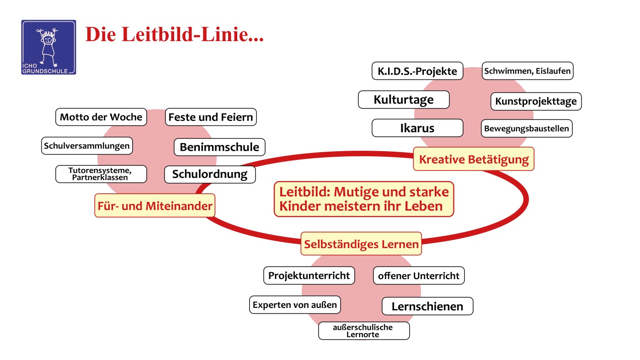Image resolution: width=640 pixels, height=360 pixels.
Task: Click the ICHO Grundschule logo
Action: (x=48, y=47)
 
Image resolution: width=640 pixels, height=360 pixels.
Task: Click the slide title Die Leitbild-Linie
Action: (x=175, y=35)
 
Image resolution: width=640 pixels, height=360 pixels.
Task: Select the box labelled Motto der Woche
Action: (x=101, y=117)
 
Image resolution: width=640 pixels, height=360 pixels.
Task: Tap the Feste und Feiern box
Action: (x=210, y=117)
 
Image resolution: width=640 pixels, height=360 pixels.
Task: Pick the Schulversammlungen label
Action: (x=87, y=146)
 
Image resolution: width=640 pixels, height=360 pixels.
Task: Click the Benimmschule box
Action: (x=219, y=147)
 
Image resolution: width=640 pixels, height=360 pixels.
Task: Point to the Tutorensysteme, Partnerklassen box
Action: (x=101, y=174)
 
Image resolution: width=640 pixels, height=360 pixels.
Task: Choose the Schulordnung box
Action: (x=210, y=174)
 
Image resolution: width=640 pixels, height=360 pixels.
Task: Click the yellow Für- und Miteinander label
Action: (x=155, y=206)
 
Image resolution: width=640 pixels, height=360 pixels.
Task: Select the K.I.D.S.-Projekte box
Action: (x=417, y=72)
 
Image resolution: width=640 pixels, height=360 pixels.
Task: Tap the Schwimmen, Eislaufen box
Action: (x=527, y=71)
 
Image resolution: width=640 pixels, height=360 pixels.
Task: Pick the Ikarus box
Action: (x=417, y=128)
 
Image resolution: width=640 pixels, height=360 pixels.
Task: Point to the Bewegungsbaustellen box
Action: (x=527, y=128)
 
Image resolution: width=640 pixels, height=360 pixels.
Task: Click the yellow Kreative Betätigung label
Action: (x=474, y=159)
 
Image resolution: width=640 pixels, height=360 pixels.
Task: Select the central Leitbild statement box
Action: (x=364, y=198)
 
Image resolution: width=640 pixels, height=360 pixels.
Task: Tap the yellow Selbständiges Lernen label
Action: (x=361, y=244)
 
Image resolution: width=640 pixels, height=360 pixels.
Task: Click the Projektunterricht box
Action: (x=309, y=275)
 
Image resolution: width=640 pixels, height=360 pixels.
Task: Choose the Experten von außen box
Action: (x=295, y=305)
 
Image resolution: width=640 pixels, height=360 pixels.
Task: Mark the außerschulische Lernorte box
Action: (x=364, y=331)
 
